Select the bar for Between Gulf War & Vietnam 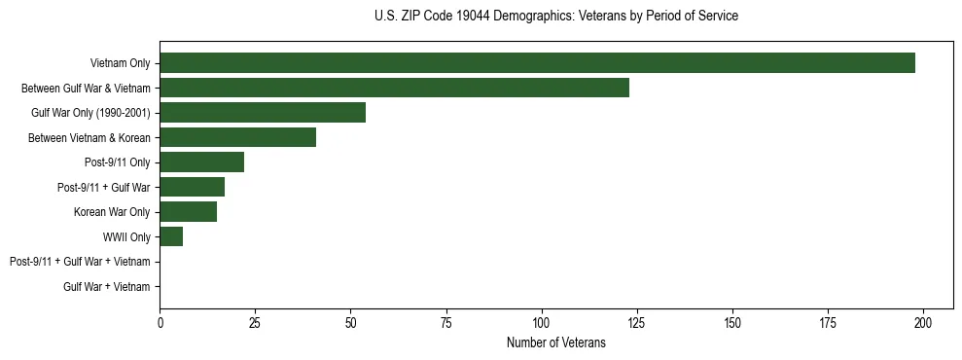pos(394,88)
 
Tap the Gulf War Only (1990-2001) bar pos(263,112)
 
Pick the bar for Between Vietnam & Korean pos(237,137)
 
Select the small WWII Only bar pos(171,236)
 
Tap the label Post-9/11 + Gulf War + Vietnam pos(80,262)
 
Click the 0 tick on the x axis pos(160,322)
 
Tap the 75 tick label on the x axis pos(446,322)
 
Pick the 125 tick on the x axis pos(637,322)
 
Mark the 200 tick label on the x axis pos(923,322)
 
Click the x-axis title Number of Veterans pos(555,342)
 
